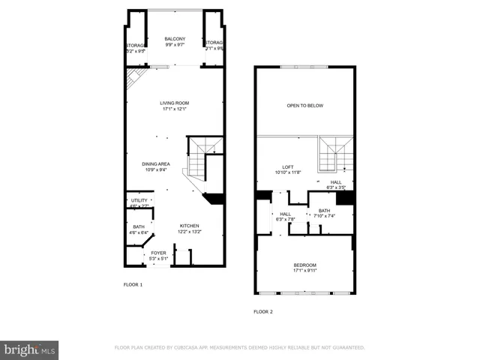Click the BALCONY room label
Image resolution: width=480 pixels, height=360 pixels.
click(x=175, y=39)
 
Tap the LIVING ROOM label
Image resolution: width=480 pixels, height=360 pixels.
click(x=174, y=103)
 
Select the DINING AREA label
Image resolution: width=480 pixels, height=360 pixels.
click(x=156, y=163)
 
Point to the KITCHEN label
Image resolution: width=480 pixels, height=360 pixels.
click(x=189, y=226)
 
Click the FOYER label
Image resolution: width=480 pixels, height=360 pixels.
click(x=158, y=253)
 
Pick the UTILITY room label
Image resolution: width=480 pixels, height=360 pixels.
click(x=139, y=201)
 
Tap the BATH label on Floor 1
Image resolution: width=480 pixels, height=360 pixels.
click(x=139, y=226)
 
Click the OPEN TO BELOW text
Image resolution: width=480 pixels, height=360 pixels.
click(x=304, y=106)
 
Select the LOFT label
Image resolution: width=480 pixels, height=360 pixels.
click(x=287, y=166)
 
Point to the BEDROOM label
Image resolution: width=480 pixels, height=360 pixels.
click(x=304, y=265)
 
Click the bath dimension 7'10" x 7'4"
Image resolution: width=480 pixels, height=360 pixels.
click(x=325, y=216)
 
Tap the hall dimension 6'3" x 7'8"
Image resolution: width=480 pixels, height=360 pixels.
click(x=286, y=219)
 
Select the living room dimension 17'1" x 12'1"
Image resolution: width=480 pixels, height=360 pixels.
click(x=174, y=109)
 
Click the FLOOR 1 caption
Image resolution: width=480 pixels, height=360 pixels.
click(x=133, y=285)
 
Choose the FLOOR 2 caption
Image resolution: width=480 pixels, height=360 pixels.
click(x=263, y=310)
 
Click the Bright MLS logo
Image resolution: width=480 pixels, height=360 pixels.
click(x=30, y=349)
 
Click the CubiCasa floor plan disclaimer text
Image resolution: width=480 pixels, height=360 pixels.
click(x=239, y=348)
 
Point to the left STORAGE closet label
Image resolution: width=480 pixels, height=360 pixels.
click(x=135, y=46)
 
